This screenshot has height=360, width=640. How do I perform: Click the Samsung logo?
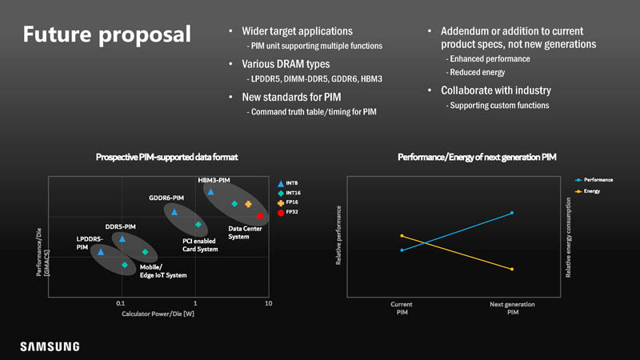(x=50, y=346)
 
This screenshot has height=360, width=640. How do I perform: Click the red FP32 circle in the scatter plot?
(x=260, y=216)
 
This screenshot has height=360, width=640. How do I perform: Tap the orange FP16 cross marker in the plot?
(x=248, y=204)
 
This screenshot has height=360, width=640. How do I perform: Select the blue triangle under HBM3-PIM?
(x=210, y=192)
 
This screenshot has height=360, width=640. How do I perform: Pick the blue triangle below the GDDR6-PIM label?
(x=174, y=212)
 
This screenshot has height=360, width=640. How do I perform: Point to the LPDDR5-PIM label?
(x=89, y=243)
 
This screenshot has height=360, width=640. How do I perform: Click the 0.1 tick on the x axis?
(x=121, y=305)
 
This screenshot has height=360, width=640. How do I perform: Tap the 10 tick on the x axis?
(x=269, y=305)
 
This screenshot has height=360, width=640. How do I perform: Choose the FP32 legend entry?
(x=291, y=214)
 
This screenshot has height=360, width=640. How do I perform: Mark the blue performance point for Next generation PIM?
(x=511, y=213)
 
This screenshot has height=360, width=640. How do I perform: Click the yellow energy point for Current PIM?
(x=402, y=236)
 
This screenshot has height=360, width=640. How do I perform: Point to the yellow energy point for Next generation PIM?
(x=511, y=269)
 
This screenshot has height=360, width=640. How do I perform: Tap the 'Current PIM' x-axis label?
(x=402, y=308)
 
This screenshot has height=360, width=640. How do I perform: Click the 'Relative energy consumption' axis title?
(x=569, y=239)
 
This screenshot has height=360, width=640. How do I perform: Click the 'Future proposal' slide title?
(x=106, y=35)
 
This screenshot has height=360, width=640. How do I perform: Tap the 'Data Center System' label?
(x=245, y=232)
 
